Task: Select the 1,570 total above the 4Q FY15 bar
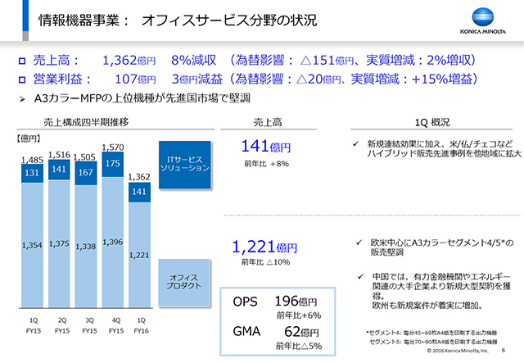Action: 113,148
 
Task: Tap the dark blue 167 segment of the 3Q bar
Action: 86,173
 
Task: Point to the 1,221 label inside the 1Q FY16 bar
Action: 139,255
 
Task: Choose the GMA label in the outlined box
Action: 246,331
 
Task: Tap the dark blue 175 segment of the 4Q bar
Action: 113,163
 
